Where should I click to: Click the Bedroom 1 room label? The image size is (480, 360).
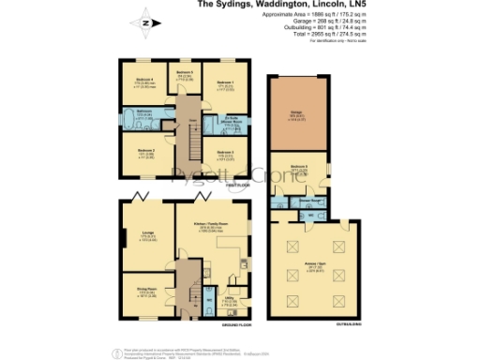point(225,83)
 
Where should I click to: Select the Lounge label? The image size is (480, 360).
point(148,233)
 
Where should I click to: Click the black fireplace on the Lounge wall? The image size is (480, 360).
point(122,240)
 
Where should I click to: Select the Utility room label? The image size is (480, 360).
point(229,302)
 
